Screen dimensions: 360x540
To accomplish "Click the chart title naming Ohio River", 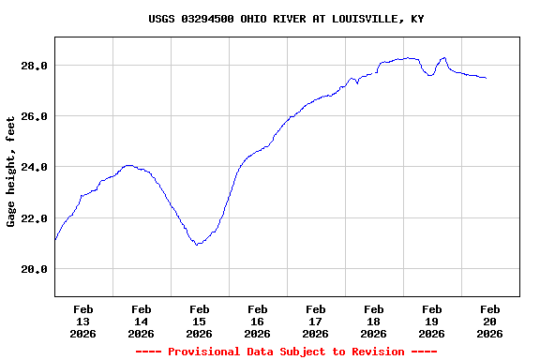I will click(x=286, y=19).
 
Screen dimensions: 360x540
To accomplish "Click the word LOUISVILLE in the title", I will click(x=362, y=19).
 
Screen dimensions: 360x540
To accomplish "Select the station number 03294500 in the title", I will click(x=207, y=19).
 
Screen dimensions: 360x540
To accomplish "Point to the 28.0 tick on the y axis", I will click(x=35, y=66).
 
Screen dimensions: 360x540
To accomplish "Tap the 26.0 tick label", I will click(x=35, y=116).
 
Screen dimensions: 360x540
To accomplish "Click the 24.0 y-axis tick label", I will click(x=35, y=167).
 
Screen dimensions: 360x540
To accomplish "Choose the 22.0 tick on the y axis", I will click(x=35, y=218).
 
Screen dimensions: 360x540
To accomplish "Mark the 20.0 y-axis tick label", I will click(x=35, y=269).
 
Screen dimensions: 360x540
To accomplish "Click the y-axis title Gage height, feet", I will click(x=11, y=172).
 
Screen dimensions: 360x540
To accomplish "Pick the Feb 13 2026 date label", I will click(x=83, y=321).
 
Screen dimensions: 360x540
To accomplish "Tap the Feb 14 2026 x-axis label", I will click(x=142, y=321).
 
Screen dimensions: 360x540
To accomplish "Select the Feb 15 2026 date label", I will click(x=200, y=321).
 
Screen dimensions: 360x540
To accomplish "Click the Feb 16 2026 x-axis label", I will click(x=258, y=321).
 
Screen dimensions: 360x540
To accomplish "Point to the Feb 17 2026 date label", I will click(x=316, y=321).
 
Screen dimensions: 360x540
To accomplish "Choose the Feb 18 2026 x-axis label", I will click(x=374, y=321).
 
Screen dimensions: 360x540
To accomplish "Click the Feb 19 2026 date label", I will click(x=432, y=321).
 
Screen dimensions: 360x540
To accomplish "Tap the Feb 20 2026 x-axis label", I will click(x=490, y=321).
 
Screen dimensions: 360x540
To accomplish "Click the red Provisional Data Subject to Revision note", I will click(x=286, y=352).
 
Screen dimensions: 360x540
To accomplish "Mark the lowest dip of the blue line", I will click(x=197, y=244).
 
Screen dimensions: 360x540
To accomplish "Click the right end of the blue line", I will click(x=486, y=78).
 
